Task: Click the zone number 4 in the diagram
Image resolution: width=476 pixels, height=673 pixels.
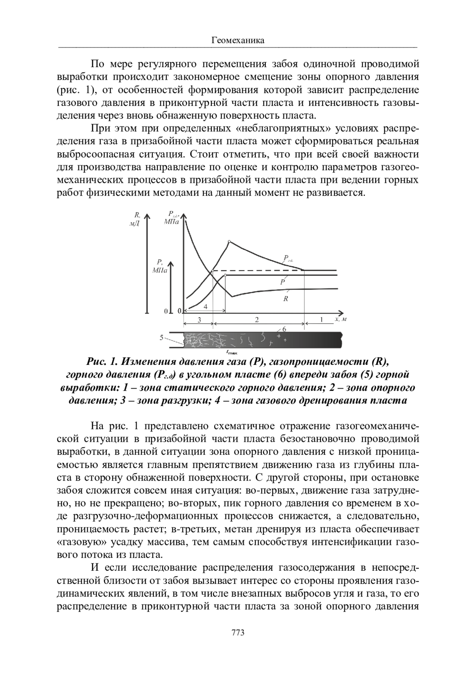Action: pyautogui.click(x=205, y=307)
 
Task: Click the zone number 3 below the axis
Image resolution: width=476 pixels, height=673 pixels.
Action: pyautogui.click(x=199, y=320)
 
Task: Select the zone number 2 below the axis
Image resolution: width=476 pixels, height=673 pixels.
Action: pyautogui.click(x=257, y=320)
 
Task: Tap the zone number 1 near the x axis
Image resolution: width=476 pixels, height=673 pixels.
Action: pyautogui.click(x=321, y=319)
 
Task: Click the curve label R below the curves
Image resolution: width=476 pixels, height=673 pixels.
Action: pyautogui.click(x=286, y=299)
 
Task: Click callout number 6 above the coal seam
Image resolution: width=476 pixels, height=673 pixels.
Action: pyautogui.click(x=284, y=329)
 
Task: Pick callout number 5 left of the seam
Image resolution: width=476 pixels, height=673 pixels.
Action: pyautogui.click(x=162, y=337)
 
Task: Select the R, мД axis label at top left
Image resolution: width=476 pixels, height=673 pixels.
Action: pyautogui.click(x=134, y=219)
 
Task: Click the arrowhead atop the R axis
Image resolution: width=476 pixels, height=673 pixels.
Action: pyautogui.click(x=147, y=216)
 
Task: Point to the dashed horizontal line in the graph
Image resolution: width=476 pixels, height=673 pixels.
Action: pyautogui.click(x=258, y=270)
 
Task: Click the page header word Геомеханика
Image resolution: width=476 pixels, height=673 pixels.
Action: pyautogui.click(x=238, y=40)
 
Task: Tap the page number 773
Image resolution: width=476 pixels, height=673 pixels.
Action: pyautogui.click(x=238, y=632)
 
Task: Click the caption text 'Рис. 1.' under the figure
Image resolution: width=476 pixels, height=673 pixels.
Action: pyautogui.click(x=101, y=361)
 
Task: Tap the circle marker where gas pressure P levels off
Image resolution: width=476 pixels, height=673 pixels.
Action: pyautogui.click(x=225, y=274)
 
